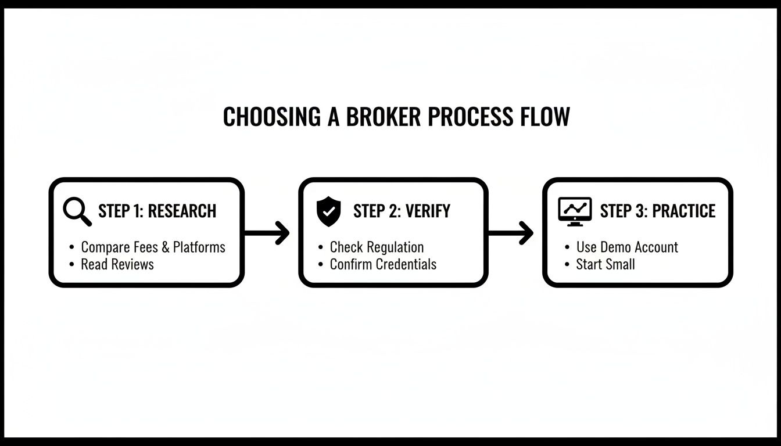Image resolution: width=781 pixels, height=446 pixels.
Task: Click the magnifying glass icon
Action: (77, 211)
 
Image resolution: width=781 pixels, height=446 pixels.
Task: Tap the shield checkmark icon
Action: (328, 211)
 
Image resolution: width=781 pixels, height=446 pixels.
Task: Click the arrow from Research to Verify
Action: (267, 233)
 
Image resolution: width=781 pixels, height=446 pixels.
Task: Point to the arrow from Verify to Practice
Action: (511, 233)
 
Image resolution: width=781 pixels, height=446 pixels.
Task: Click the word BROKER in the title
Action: (384, 116)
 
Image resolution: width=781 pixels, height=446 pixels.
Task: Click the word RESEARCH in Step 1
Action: (182, 211)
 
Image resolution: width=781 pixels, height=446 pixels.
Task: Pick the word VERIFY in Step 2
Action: (427, 211)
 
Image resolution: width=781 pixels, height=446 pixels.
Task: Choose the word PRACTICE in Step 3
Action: (683, 211)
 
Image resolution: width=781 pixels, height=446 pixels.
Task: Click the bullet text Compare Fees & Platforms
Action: (153, 247)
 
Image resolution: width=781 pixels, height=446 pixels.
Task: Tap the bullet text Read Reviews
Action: (117, 264)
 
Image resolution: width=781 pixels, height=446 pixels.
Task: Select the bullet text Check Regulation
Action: (377, 247)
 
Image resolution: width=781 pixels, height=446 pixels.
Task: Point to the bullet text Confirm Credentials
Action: (383, 264)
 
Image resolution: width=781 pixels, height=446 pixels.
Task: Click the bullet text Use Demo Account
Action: (627, 247)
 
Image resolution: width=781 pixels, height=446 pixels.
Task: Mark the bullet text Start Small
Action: (606, 264)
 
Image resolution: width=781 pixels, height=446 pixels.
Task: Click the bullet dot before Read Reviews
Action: (71, 265)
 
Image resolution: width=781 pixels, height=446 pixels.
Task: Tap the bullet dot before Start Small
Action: (567, 265)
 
